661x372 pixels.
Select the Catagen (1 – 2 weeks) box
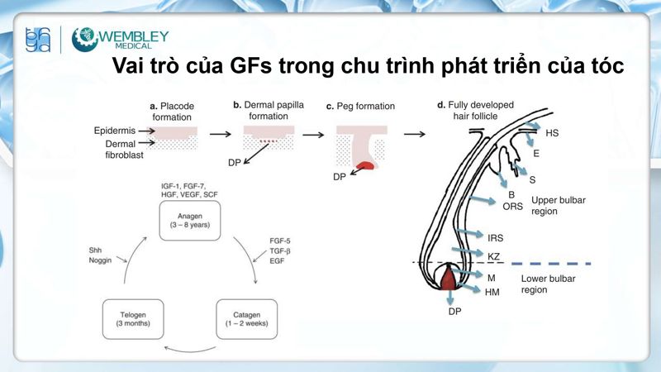(x=244, y=319)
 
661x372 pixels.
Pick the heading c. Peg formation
(x=361, y=107)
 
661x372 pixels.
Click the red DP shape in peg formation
(x=364, y=168)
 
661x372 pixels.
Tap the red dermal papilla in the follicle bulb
(x=449, y=279)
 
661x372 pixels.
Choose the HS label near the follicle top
(x=552, y=132)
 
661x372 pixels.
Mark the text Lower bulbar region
(x=548, y=284)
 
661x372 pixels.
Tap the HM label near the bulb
(x=493, y=291)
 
